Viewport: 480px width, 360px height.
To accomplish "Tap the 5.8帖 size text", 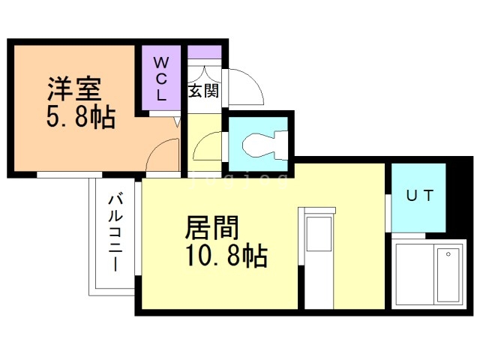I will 80,116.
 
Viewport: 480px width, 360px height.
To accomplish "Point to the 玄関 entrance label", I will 202,91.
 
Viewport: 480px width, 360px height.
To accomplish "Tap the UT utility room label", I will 419,196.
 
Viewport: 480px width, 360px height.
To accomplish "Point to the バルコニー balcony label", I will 115,232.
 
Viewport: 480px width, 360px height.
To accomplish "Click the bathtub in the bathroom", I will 448,274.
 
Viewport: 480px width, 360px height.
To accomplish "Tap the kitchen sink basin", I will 319,233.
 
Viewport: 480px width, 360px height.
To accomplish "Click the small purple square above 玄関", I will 203,53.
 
